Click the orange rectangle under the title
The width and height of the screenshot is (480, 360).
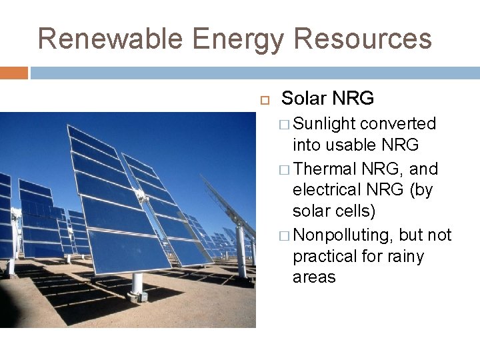(x=13, y=73)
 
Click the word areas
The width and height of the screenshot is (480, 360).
(x=314, y=277)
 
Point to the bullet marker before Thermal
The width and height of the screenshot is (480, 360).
(x=285, y=169)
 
